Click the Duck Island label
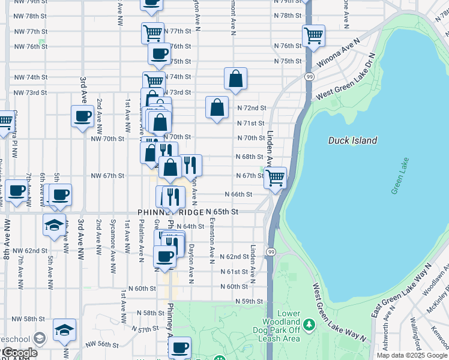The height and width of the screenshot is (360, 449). pyautogui.click(x=352, y=140)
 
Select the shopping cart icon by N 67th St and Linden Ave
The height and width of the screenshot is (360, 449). pyautogui.click(x=275, y=178)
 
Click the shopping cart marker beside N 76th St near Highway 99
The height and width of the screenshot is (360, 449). pyautogui.click(x=313, y=36)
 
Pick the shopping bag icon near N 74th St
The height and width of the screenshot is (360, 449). pyautogui.click(x=236, y=79)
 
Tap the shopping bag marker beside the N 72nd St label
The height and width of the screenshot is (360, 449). pyautogui.click(x=217, y=108)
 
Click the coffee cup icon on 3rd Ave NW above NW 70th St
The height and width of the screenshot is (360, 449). pyautogui.click(x=82, y=116)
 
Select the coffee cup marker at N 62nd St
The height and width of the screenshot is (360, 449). pyautogui.click(x=164, y=256)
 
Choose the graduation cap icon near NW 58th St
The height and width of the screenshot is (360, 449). pyautogui.click(x=64, y=329)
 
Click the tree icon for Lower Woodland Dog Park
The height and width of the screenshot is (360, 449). pyautogui.click(x=309, y=325)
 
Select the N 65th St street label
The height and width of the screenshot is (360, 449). pyautogui.click(x=223, y=212)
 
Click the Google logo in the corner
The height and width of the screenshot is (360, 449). pyautogui.click(x=19, y=353)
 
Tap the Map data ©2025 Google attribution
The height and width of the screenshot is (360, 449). pyautogui.click(x=412, y=355)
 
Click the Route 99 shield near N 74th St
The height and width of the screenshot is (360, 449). pyautogui.click(x=309, y=77)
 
